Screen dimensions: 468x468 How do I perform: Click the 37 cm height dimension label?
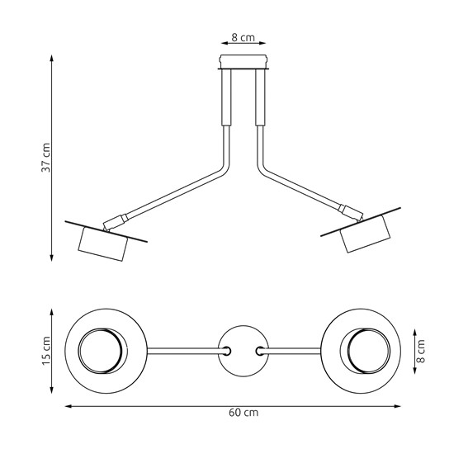tap(47, 157)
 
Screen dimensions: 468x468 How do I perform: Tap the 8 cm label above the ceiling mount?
tap(243, 38)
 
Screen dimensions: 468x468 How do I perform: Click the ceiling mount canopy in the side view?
tap(243, 64)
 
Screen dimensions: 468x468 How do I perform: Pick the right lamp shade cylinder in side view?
tap(365, 238)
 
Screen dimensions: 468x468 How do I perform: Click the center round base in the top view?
tap(243, 351)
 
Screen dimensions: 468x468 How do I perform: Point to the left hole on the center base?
tap(225, 351)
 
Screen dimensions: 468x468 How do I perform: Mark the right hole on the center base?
tap(262, 351)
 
